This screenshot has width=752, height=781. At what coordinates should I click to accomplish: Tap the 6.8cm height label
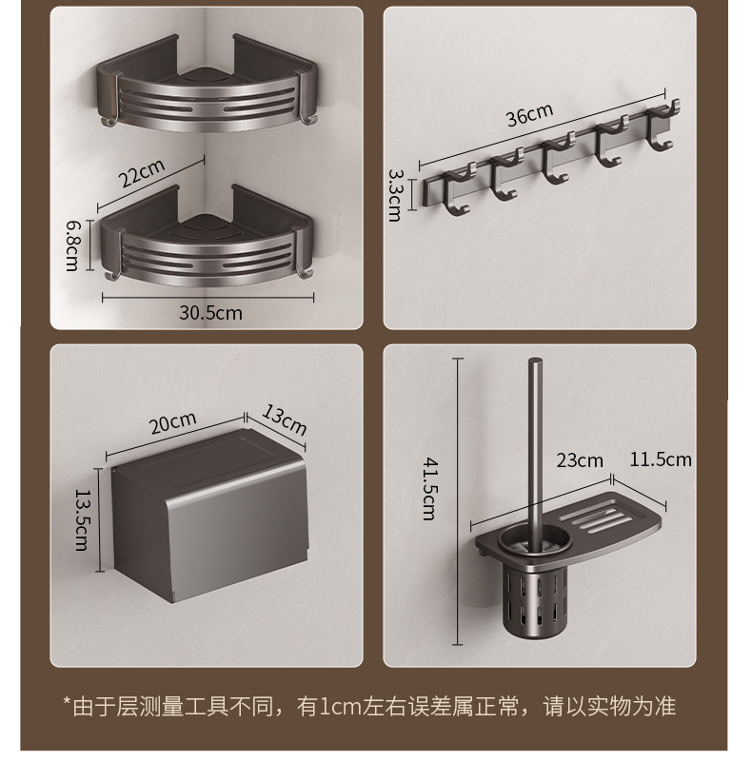(71, 244)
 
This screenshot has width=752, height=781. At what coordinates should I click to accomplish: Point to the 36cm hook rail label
(529, 114)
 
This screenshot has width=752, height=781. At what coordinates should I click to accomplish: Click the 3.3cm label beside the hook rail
(394, 195)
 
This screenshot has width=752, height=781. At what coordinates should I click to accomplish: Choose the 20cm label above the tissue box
(173, 420)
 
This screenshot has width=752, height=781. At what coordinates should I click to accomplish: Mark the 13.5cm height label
(81, 520)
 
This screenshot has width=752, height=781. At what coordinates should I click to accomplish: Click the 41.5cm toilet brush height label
(430, 488)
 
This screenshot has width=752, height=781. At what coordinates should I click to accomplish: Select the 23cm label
(580, 460)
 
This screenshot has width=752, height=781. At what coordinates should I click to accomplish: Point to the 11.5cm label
(661, 459)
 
